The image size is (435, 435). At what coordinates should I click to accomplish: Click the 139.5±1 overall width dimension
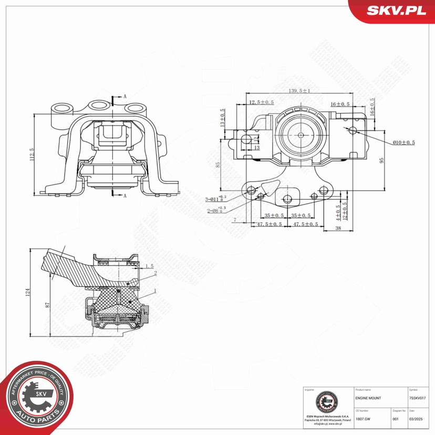(x=299, y=91)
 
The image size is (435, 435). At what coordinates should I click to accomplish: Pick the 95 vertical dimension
(x=382, y=160)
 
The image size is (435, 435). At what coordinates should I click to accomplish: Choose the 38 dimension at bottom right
(x=338, y=227)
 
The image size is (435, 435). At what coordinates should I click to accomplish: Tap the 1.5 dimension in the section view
(x=149, y=266)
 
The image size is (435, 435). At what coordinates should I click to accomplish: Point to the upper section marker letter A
(x=126, y=97)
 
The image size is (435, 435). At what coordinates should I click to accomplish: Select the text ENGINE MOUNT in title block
(x=368, y=398)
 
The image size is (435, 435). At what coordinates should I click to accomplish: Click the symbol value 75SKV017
(x=420, y=398)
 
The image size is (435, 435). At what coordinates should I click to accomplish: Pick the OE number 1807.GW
(x=362, y=419)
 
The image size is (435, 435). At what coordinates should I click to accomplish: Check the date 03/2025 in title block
(x=416, y=419)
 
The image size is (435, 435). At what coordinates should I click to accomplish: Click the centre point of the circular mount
(x=300, y=134)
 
